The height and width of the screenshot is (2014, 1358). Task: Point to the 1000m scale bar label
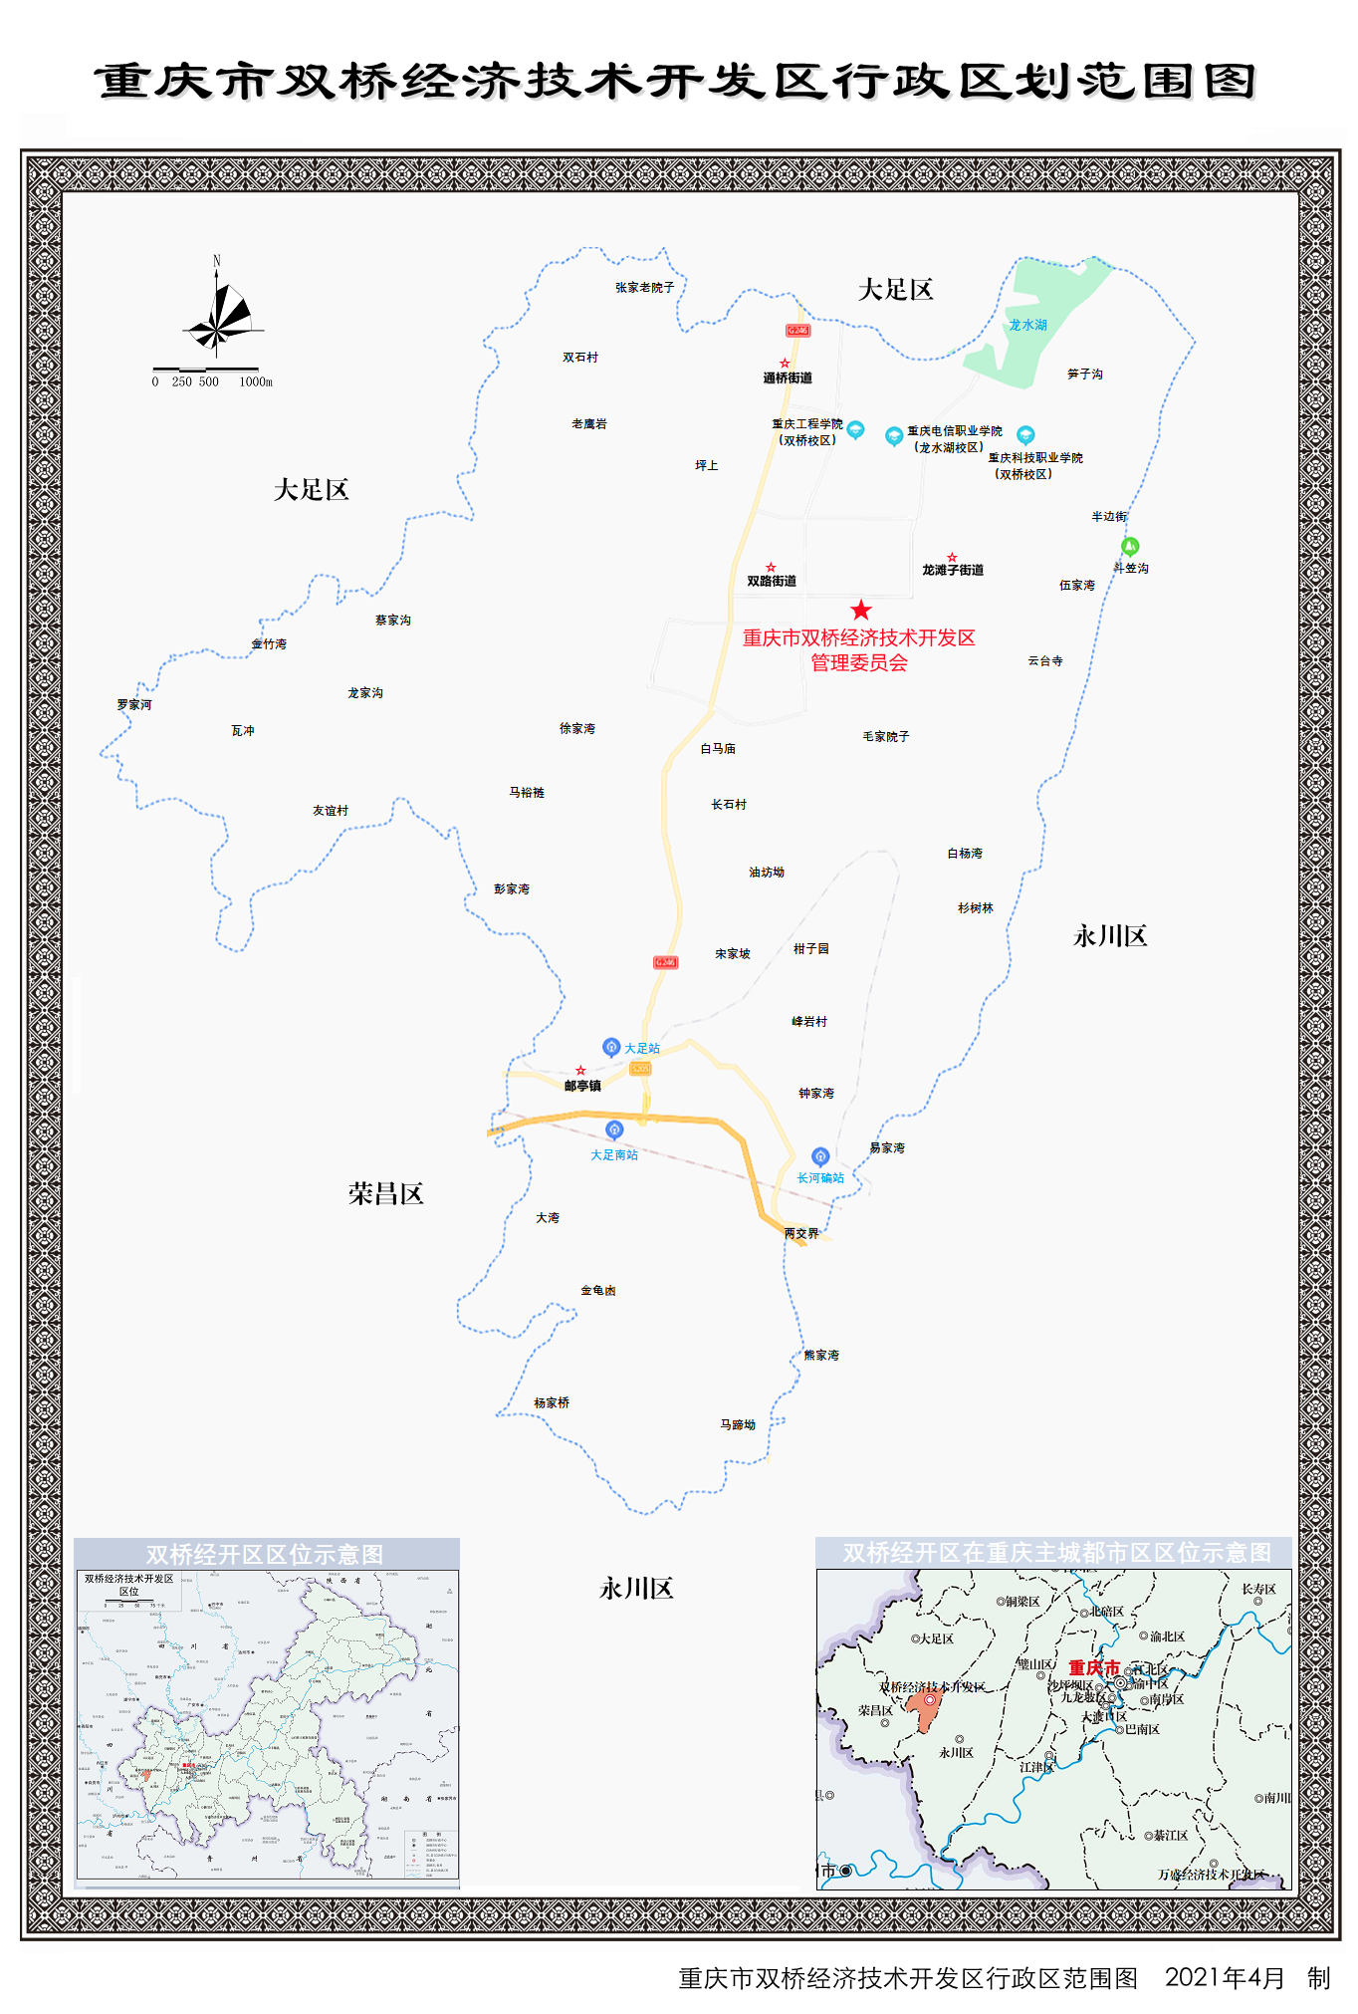[x=255, y=382]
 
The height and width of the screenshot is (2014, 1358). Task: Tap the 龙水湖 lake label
[x=1027, y=325]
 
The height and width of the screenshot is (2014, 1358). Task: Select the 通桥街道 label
[x=788, y=378]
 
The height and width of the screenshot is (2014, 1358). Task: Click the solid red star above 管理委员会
[x=861, y=611]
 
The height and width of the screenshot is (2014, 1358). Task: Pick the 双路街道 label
[x=772, y=582]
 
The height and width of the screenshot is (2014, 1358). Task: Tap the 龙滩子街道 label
[x=953, y=571]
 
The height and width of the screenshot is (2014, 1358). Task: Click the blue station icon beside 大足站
[x=611, y=1047]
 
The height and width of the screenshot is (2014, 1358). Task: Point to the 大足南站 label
[x=614, y=1155]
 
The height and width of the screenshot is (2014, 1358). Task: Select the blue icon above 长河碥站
[x=820, y=1156]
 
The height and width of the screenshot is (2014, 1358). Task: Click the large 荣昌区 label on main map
[x=386, y=1194]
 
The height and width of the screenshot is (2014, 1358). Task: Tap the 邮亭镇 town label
[x=582, y=1087]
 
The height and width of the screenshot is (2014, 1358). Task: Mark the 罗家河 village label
[x=134, y=705]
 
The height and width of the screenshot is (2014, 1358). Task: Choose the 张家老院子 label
[x=644, y=288]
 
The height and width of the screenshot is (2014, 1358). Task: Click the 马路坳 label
[x=738, y=1425]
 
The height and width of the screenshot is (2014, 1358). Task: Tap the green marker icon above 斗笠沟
[x=1130, y=546]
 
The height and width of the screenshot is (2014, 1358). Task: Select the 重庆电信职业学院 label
[x=955, y=431]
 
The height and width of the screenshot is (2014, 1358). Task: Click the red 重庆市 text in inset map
[x=1094, y=1667]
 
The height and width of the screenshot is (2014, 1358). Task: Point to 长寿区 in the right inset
[x=1258, y=1590]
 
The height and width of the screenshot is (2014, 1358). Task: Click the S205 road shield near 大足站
[x=640, y=1069]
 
